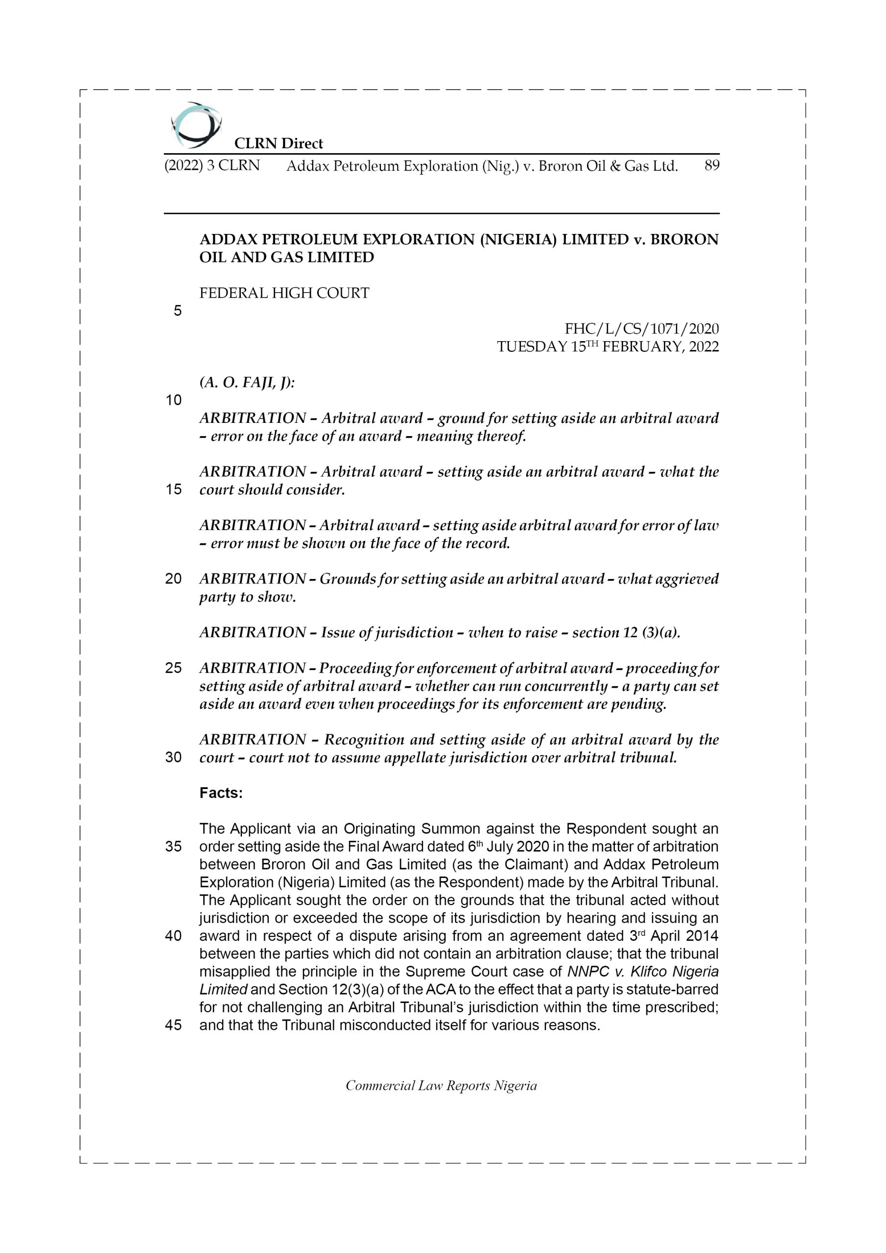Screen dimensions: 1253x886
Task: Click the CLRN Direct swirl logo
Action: [196, 125]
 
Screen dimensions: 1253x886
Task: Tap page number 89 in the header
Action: [711, 165]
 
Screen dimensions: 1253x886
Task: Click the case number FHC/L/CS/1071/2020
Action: [641, 328]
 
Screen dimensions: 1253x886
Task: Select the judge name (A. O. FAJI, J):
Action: [247, 383]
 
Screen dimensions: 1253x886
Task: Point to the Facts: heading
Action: [221, 793]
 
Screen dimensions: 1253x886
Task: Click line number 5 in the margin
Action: [177, 311]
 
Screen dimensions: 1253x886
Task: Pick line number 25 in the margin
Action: [173, 668]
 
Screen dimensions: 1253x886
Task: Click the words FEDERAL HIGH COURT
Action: [284, 293]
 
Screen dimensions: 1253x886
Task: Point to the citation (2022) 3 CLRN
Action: [212, 165]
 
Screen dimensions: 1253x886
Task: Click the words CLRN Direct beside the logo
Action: [279, 143]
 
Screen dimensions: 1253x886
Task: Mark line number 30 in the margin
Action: [173, 758]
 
